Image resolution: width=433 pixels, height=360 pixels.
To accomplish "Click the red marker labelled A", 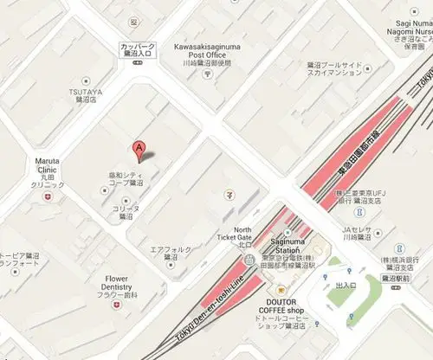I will [x=138, y=149].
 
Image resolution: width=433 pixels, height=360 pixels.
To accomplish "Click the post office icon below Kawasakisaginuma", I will [x=207, y=74].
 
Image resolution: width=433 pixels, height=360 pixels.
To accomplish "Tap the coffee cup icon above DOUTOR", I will [x=279, y=291].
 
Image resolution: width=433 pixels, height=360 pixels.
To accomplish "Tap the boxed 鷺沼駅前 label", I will [x=401, y=279].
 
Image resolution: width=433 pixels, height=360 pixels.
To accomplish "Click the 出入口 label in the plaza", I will [x=346, y=285].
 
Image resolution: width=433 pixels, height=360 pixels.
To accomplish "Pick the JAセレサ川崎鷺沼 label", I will [x=355, y=233].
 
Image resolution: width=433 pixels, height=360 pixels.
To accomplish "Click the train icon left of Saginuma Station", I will [x=249, y=259].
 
